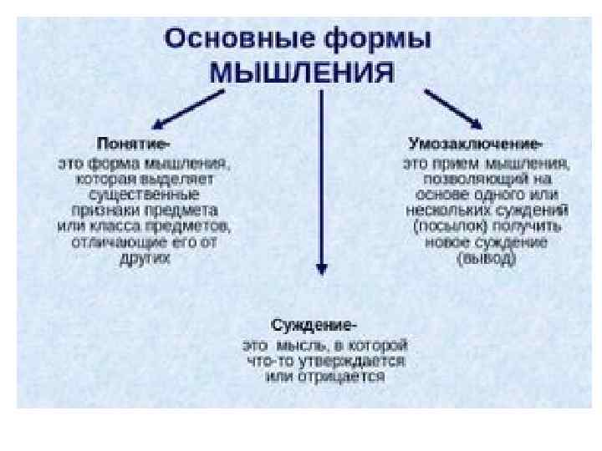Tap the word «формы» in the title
coord(375,40)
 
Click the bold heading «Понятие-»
coord(139,143)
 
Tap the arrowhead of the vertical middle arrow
coord(321,268)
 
